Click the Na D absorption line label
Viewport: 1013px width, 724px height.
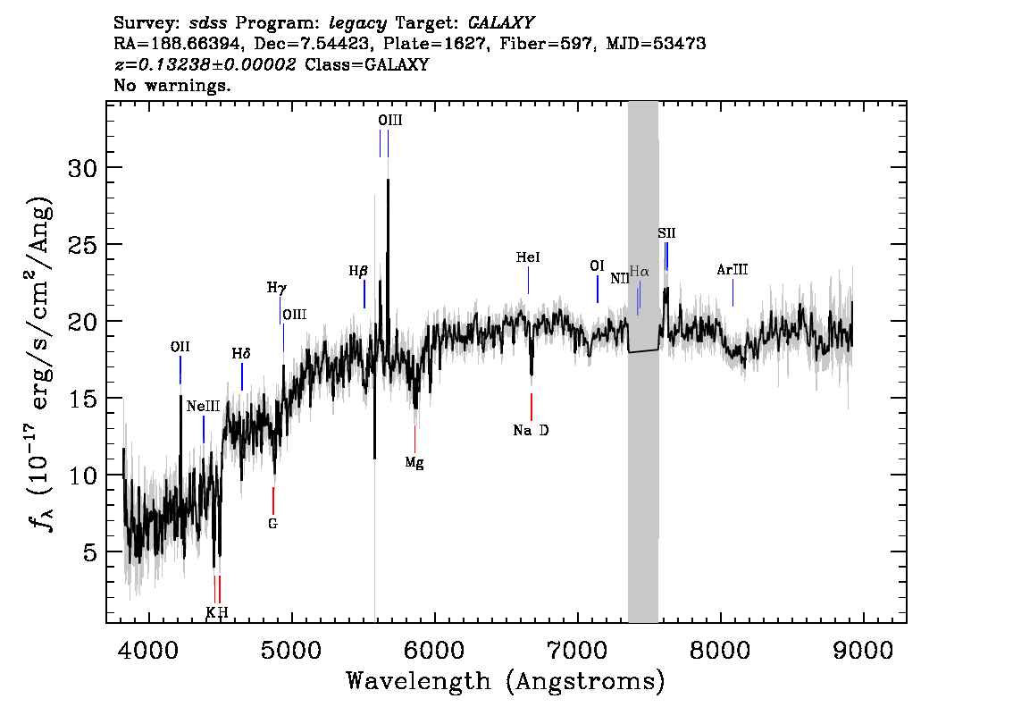pyautogui.click(x=531, y=431)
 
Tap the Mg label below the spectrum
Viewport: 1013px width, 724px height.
pyautogui.click(x=414, y=463)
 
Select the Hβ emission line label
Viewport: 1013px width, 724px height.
pyautogui.click(x=358, y=271)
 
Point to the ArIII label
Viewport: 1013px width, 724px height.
pyautogui.click(x=733, y=270)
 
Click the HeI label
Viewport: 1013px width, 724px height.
pyautogui.click(x=528, y=257)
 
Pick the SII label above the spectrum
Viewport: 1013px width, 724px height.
pyautogui.click(x=666, y=232)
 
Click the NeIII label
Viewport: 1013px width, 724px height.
pyautogui.click(x=203, y=407)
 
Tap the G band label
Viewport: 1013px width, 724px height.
pyautogui.click(x=272, y=524)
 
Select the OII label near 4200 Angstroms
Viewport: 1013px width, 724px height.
pyautogui.click(x=180, y=347)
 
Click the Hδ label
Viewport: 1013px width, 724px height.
pyautogui.click(x=241, y=354)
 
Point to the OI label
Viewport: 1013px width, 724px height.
pyautogui.click(x=597, y=266)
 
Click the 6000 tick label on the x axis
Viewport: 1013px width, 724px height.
pyautogui.click(x=434, y=651)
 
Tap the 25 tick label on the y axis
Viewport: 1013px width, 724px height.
pyautogui.click(x=83, y=245)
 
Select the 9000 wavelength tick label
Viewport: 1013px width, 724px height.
pyautogui.click(x=863, y=651)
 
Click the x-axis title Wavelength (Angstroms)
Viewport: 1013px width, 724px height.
pyautogui.click(x=506, y=682)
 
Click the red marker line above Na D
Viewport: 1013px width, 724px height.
pyautogui.click(x=531, y=408)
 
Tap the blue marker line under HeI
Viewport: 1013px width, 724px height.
pyautogui.click(x=529, y=280)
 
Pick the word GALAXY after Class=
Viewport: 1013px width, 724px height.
pyautogui.click(x=397, y=64)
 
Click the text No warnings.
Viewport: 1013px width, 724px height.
pyautogui.click(x=172, y=85)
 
